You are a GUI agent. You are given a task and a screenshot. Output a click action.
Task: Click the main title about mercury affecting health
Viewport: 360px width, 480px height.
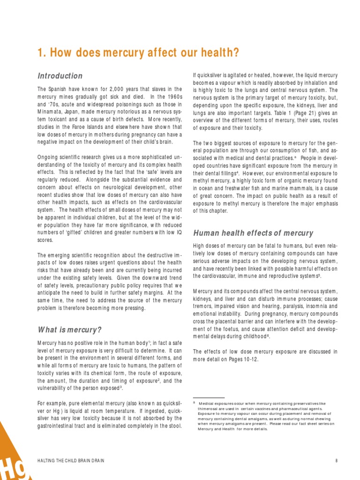[x=138, y=53]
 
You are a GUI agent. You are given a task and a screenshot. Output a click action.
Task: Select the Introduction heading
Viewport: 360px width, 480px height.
[x=60, y=76]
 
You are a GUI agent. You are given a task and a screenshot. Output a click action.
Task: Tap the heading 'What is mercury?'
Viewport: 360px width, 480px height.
[x=69, y=330]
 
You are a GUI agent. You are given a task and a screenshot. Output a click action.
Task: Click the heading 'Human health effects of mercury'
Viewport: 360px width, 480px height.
[x=253, y=233]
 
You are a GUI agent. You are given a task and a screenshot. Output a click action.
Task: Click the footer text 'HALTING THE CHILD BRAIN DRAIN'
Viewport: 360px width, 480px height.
[x=71, y=461]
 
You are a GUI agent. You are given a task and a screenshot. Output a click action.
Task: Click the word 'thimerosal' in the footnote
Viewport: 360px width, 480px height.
[x=209, y=409]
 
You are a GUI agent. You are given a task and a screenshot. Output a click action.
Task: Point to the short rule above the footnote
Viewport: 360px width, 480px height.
[x=209, y=397]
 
